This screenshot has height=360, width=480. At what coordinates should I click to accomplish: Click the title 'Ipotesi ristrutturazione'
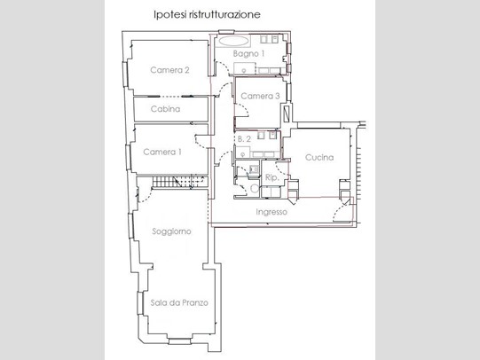tap(207, 15)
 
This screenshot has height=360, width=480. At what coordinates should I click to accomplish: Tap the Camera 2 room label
tap(169, 70)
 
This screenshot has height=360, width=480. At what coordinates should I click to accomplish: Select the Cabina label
tap(165, 109)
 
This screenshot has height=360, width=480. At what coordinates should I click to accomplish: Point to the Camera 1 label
tap(162, 152)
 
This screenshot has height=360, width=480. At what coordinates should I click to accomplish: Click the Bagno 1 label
tap(248, 54)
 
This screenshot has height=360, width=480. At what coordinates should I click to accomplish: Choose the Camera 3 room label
tap(260, 96)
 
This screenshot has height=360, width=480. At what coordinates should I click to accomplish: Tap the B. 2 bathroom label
tap(244, 139)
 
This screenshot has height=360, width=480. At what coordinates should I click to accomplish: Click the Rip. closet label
tap(271, 177)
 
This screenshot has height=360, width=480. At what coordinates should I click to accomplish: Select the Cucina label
tap(319, 158)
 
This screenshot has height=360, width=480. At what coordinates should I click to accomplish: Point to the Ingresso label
tap(271, 212)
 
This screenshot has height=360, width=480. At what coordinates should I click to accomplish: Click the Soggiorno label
tap(171, 231)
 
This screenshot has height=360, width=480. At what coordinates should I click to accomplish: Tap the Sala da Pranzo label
tap(179, 302)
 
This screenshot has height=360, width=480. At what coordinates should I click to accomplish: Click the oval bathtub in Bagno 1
tap(233, 42)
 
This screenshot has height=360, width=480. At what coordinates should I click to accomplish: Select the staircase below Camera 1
tap(180, 182)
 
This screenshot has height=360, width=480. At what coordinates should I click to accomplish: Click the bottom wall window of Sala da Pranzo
tap(180, 341)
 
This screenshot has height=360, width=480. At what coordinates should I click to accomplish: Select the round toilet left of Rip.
tap(255, 189)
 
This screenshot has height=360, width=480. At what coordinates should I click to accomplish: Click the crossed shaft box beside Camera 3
tap(287, 113)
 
